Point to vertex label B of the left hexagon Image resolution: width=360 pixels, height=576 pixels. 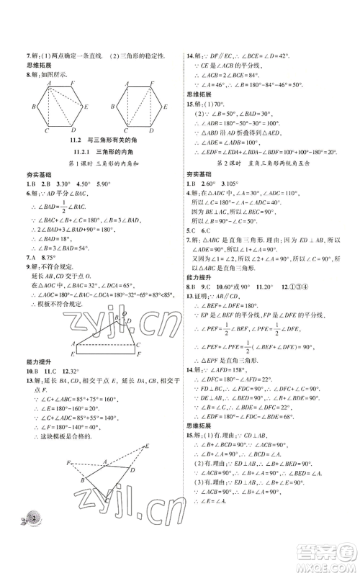coord(34,107)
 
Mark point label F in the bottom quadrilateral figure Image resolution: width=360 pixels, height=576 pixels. coord(68,462)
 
